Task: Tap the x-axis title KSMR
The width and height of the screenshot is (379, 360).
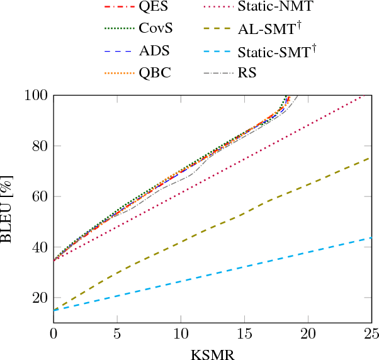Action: (x=212, y=353)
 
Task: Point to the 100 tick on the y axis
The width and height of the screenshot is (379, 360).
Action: (x=36, y=96)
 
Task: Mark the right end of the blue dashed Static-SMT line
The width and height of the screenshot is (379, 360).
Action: (x=371, y=237)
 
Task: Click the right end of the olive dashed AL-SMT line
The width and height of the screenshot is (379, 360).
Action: (x=371, y=157)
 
